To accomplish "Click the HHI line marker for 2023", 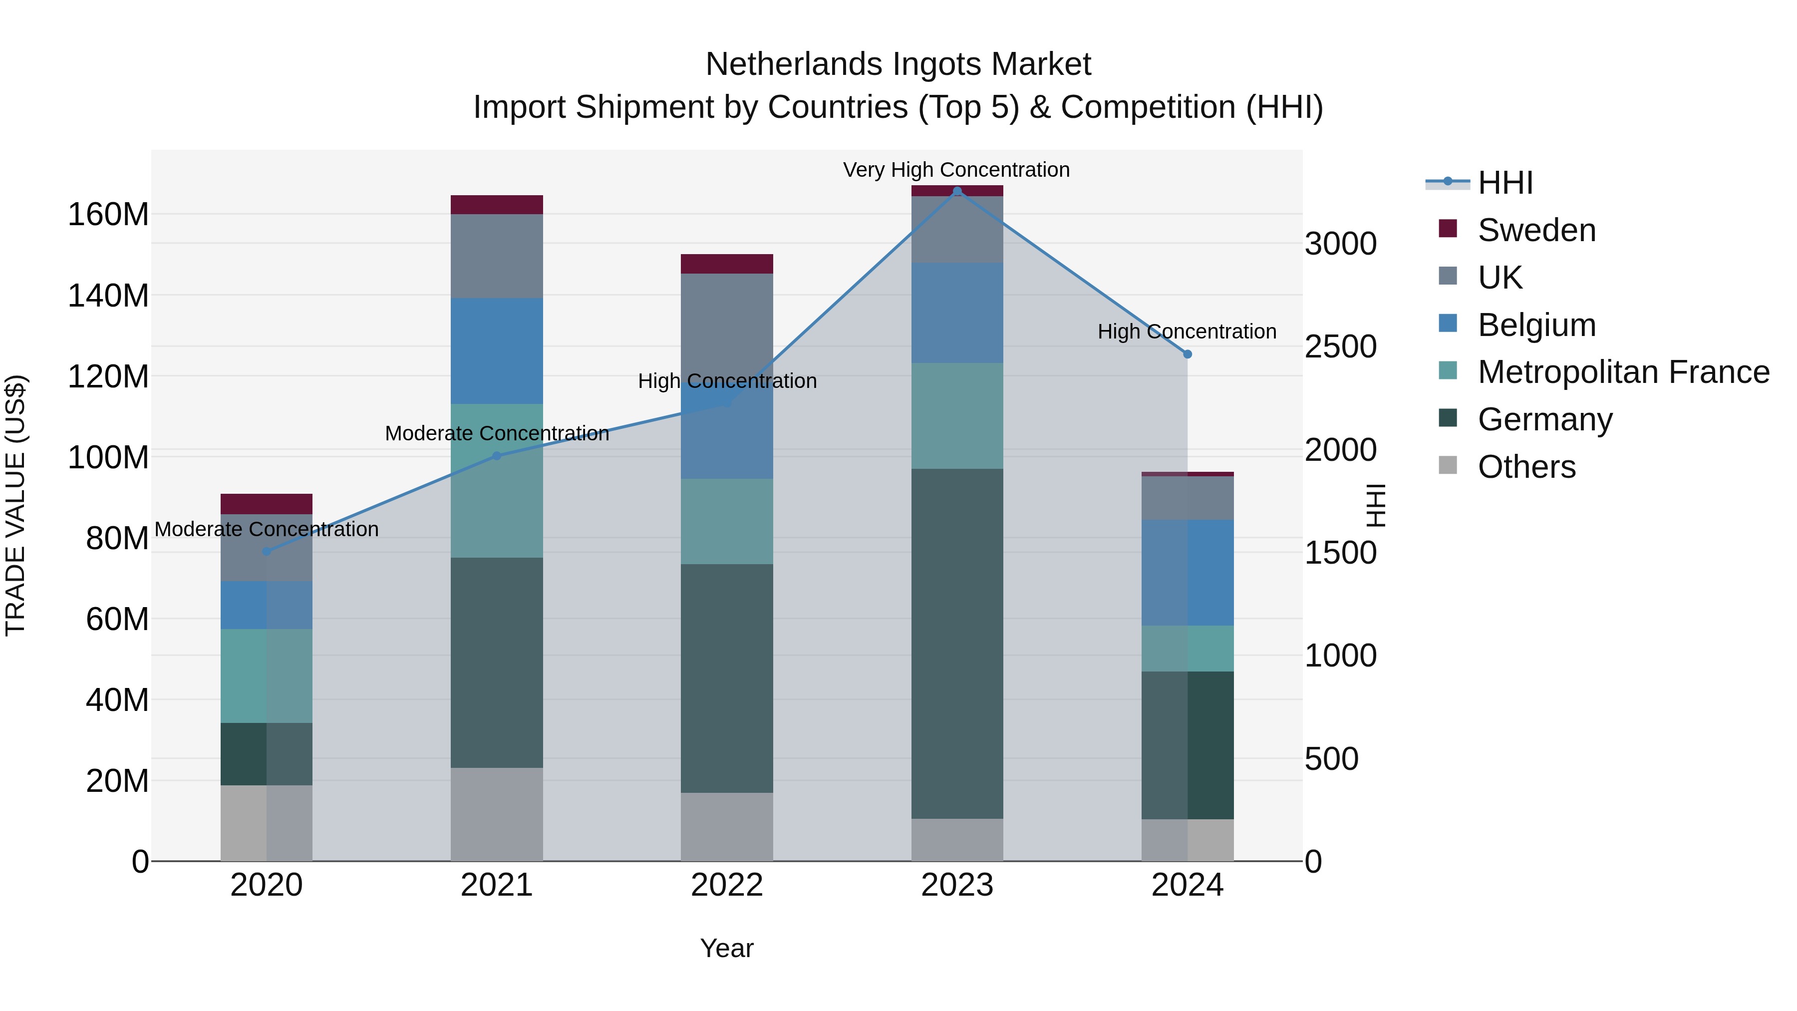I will tap(957, 191).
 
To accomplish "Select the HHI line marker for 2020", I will tap(267, 551).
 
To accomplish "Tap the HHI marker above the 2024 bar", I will tap(1188, 354).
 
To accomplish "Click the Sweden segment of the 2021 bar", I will tap(497, 204).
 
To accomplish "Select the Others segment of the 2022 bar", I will tap(727, 827).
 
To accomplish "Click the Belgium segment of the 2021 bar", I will tap(497, 351).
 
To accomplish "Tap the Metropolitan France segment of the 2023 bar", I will tap(957, 416).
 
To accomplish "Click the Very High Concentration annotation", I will tap(956, 170).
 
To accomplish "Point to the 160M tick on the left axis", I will tap(108, 214).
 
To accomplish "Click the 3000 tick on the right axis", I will tap(1340, 244).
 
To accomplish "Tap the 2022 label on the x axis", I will tap(727, 885).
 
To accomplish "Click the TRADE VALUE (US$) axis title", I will tap(15, 505).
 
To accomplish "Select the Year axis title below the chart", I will tap(726, 948).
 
